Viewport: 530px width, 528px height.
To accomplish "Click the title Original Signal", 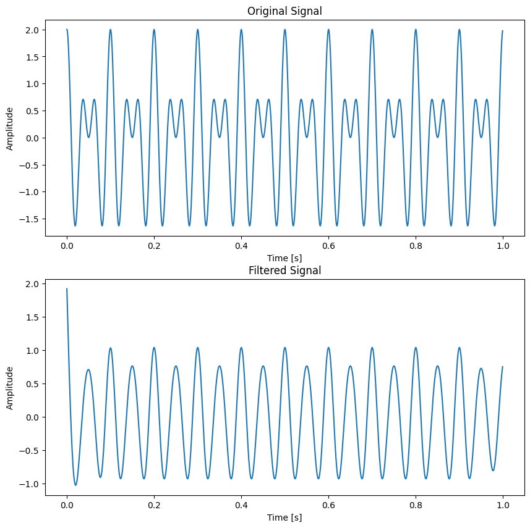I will click(x=284, y=11).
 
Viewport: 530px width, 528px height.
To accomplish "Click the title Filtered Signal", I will click(x=284, y=270).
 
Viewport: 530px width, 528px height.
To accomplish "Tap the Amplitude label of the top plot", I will click(x=10, y=128).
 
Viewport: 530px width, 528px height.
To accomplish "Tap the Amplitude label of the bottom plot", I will click(x=10, y=388).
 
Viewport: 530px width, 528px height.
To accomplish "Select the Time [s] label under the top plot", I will click(x=284, y=258).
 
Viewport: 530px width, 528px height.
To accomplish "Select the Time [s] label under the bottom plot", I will click(x=284, y=518).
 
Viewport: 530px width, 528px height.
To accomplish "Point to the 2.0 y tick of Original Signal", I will click(x=32, y=30).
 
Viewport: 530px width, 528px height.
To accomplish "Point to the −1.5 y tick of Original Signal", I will click(x=30, y=219).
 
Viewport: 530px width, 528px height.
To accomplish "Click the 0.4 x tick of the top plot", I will click(x=241, y=245).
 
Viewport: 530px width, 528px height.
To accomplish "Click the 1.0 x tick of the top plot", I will click(x=503, y=245).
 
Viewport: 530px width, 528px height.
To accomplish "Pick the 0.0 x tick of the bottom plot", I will click(x=67, y=505).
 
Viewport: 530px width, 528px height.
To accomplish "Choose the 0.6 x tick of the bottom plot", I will click(x=328, y=505).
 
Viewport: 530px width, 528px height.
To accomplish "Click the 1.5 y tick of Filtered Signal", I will click(x=32, y=317).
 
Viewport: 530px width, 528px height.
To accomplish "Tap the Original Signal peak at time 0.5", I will click(x=284, y=30).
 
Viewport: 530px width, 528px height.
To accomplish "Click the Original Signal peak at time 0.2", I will click(x=154, y=30).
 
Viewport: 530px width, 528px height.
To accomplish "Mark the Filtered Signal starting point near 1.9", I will click(x=67, y=289).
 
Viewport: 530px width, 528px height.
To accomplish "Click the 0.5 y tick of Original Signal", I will click(x=32, y=111).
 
